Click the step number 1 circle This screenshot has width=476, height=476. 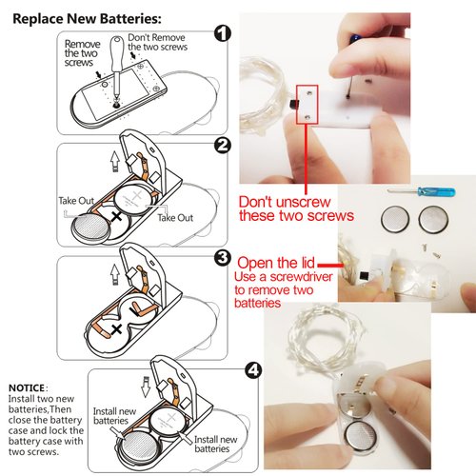[x=222, y=33]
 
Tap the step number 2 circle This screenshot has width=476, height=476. [x=222, y=146]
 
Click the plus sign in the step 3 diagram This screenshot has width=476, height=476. [x=117, y=329]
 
